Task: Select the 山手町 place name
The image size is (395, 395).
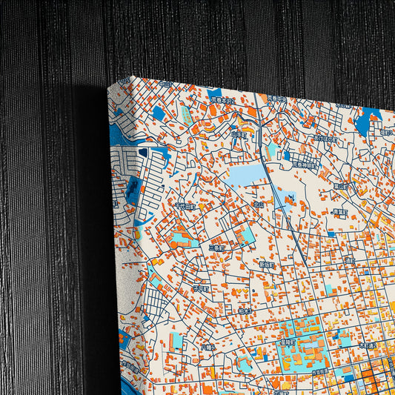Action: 239,135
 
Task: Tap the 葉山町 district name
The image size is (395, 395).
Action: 340,186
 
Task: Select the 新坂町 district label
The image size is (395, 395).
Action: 268,265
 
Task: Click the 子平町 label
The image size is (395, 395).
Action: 201,289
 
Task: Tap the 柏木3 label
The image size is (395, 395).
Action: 245,312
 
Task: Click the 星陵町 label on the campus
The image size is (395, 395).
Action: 287,342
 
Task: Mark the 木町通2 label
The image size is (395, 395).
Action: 367,345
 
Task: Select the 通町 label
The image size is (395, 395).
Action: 350,260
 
